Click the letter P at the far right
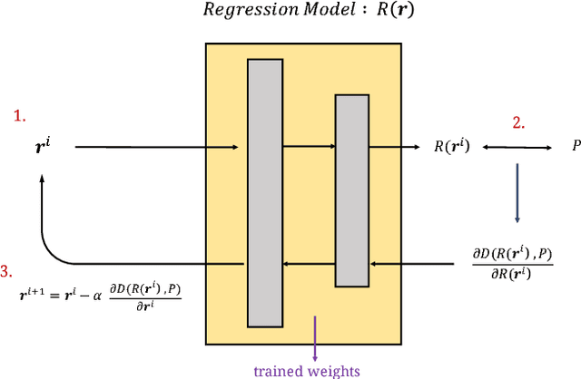tap(575, 146)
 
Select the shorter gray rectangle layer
tap(352, 189)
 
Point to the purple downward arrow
tap(314, 336)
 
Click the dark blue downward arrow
tap(517, 192)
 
